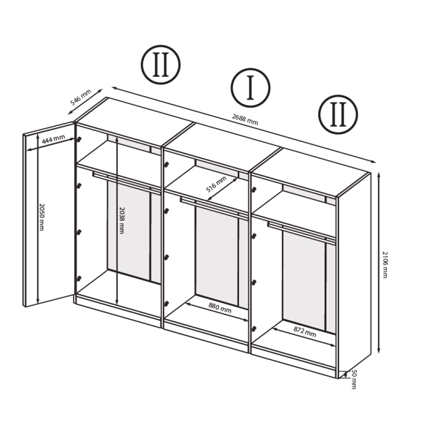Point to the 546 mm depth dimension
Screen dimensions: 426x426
[81, 97]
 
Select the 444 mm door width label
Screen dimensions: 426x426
[53, 138]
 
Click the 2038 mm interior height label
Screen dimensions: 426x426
[121, 220]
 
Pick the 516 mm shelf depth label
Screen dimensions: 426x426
[216, 186]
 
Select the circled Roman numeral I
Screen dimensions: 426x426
[250, 88]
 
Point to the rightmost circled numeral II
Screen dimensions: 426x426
[338, 115]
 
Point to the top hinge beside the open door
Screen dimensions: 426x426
[79, 139]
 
